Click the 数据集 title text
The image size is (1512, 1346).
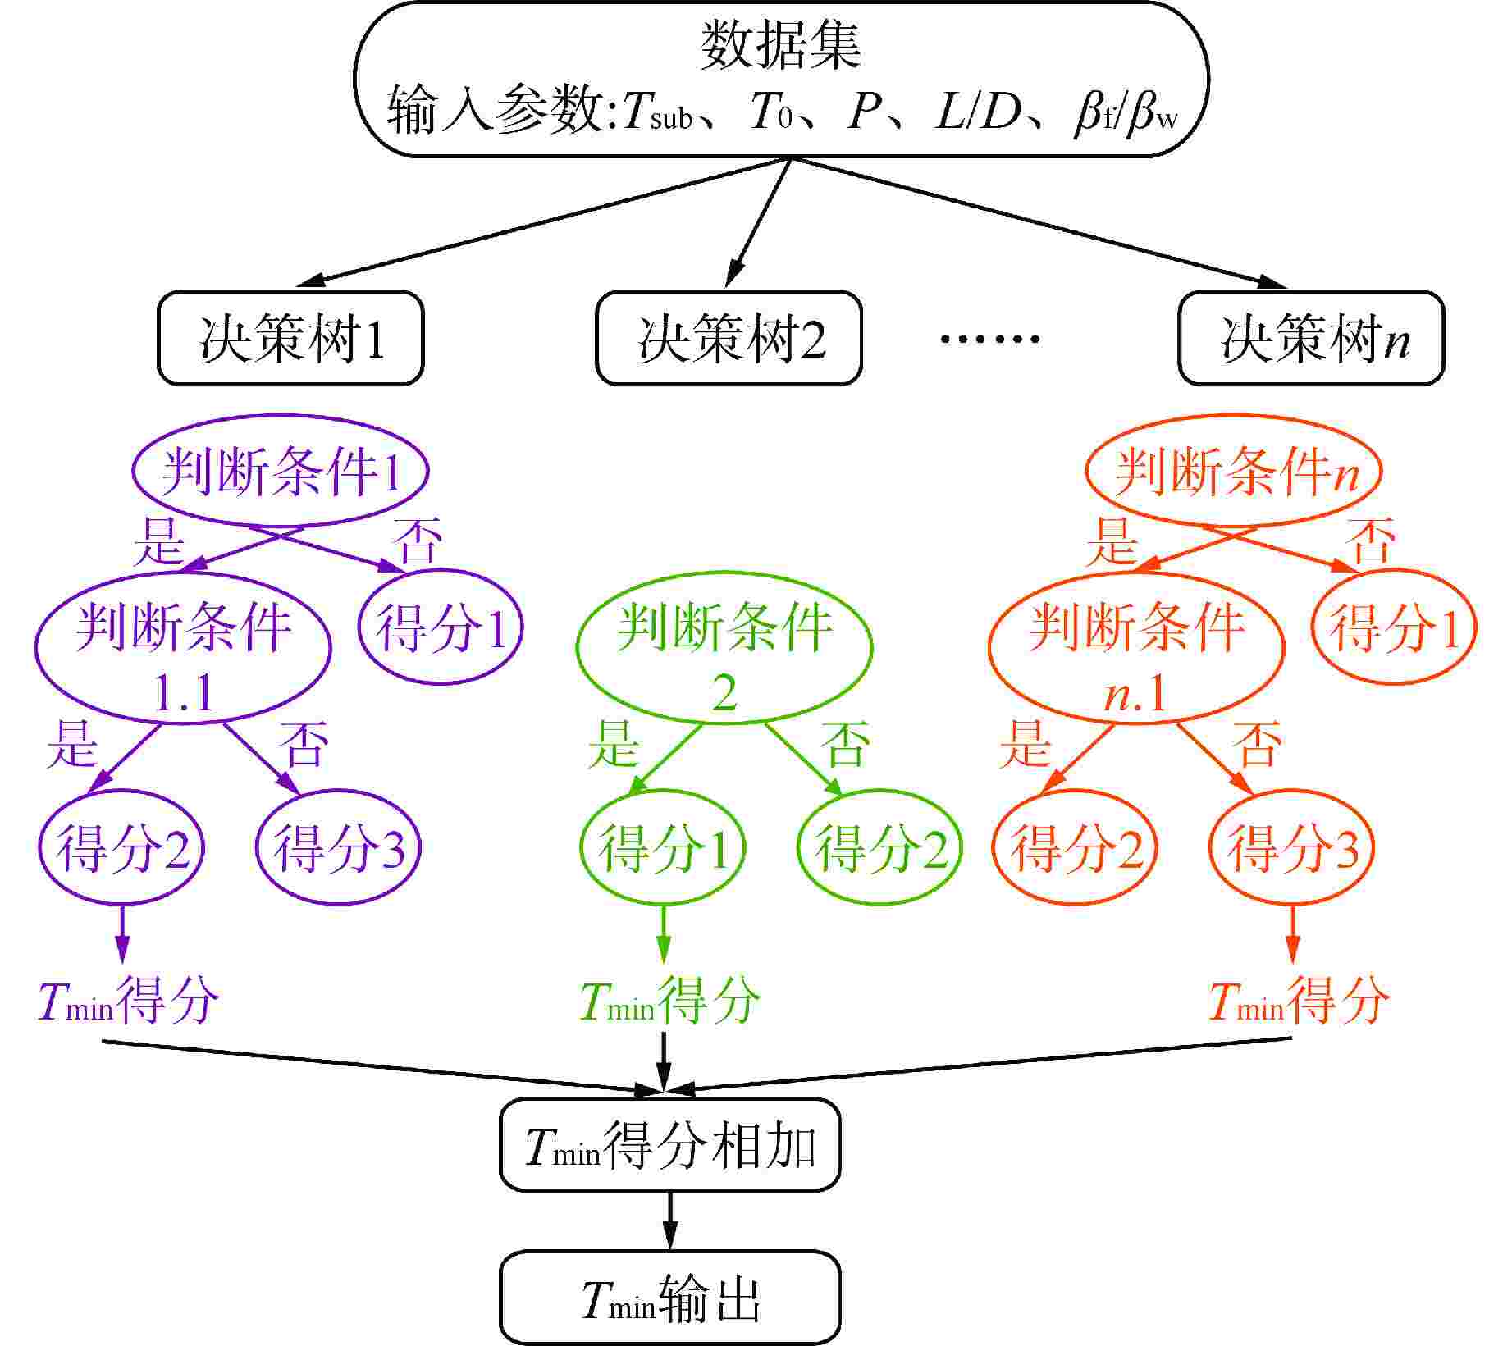(x=780, y=45)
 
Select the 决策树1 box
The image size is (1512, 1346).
(x=290, y=338)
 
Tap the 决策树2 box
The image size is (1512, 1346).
(x=729, y=338)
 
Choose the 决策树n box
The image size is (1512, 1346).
(x=1311, y=338)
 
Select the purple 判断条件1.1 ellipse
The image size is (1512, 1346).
(x=183, y=648)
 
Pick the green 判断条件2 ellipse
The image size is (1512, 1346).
(x=724, y=648)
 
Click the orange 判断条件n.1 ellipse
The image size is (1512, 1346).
(x=1136, y=648)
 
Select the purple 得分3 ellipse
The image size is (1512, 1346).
(x=339, y=847)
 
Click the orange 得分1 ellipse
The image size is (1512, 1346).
(x=1394, y=627)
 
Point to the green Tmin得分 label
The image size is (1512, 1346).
(x=669, y=1001)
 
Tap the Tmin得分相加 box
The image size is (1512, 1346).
(x=669, y=1145)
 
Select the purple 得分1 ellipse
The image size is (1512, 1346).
(x=441, y=627)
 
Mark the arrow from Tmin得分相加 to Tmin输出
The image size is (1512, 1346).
(x=669, y=1220)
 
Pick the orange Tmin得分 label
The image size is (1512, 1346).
(x=1299, y=1001)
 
